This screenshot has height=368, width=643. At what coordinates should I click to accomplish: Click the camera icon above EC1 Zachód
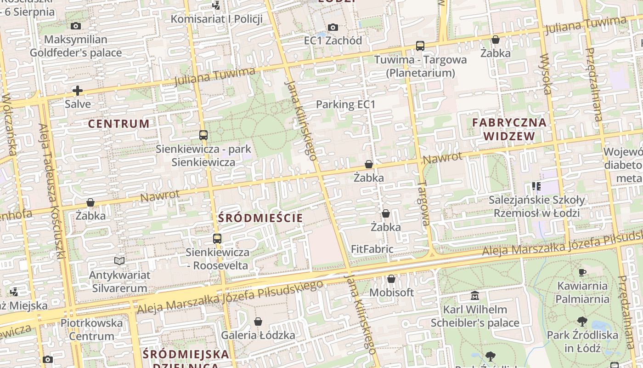click(333, 28)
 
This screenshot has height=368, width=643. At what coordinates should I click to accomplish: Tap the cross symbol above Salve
click(78, 91)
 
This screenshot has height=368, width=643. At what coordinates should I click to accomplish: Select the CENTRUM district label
click(119, 124)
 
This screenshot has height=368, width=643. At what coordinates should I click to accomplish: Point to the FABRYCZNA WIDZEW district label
click(509, 129)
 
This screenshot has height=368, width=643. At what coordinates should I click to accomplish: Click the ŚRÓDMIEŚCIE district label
click(261, 218)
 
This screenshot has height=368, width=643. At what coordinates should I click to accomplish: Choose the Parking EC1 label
click(345, 104)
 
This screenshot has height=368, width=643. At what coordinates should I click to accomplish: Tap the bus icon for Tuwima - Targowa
click(420, 46)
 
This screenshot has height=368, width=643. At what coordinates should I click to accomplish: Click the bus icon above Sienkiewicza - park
click(203, 135)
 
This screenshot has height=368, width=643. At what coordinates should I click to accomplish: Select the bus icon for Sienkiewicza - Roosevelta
click(217, 239)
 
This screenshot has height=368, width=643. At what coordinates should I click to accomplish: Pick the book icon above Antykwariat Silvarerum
click(119, 261)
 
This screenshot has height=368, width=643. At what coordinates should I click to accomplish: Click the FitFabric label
click(372, 249)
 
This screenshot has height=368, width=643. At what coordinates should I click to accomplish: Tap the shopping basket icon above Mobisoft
click(391, 279)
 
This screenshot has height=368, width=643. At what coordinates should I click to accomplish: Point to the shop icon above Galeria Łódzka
click(258, 322)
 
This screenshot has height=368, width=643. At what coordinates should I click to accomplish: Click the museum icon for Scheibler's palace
click(475, 295)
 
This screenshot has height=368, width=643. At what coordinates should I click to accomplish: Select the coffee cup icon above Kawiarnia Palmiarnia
click(582, 272)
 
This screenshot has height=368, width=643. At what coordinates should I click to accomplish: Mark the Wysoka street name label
click(545, 74)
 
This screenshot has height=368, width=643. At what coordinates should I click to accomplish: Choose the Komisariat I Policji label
click(217, 19)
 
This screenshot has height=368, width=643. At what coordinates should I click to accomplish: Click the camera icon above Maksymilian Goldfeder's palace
click(76, 26)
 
